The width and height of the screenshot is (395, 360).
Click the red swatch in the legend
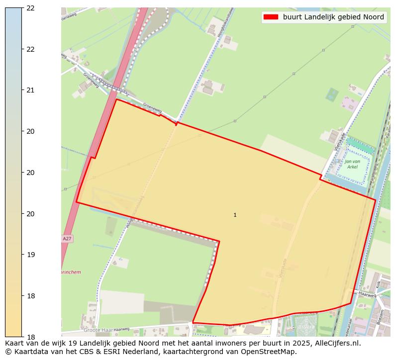(x=271, y=17)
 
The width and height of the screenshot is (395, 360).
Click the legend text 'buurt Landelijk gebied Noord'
(x=333, y=17)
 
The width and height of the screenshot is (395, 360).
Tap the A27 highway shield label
(x=67, y=239)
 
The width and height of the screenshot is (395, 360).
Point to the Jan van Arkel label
(x=352, y=164)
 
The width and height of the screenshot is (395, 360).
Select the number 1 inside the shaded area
(x=235, y=215)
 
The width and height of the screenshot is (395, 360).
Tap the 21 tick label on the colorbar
(x=30, y=90)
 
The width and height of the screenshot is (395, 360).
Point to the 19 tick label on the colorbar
(x=30, y=255)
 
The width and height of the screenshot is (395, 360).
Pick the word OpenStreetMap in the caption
(x=273, y=352)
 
